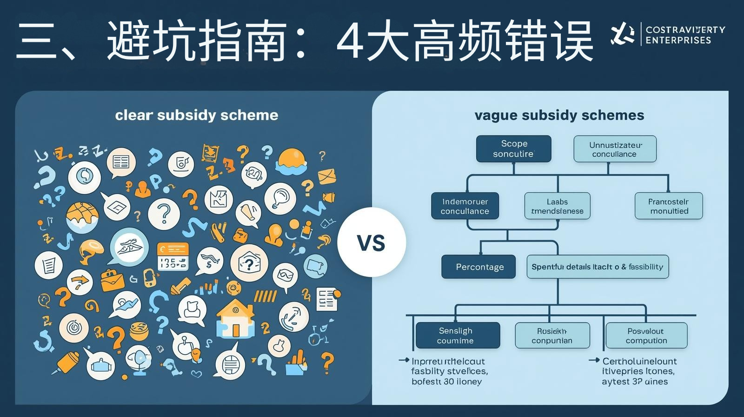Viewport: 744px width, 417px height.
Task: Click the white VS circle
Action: pos(371,242)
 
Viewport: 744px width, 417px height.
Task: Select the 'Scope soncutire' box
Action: pos(513,149)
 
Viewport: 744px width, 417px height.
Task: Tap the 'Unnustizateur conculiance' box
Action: pos(615,149)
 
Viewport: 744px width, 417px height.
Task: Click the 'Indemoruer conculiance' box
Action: pos(465,206)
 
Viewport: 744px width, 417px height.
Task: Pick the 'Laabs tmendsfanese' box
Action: pos(557,206)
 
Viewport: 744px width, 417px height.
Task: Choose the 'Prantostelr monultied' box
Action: pos(669,206)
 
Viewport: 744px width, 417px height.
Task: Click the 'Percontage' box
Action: pos(478,267)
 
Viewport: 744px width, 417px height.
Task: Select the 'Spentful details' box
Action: pos(598,267)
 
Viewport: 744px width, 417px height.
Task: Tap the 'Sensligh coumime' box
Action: pos(457,335)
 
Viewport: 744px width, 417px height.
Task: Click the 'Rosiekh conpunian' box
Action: pos(552,336)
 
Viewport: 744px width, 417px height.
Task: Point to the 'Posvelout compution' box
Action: pos(646,336)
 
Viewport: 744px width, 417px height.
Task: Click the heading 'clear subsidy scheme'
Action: pos(196,115)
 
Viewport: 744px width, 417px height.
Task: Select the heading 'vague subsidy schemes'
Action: pos(559,115)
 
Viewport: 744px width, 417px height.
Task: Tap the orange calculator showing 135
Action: pos(173,256)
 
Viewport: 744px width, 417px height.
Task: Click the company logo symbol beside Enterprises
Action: pos(622,34)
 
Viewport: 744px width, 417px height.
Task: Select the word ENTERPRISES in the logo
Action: pos(678,40)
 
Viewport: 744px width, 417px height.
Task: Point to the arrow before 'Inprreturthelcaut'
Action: pos(404,361)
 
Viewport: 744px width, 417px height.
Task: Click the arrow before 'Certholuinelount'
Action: pos(594,361)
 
